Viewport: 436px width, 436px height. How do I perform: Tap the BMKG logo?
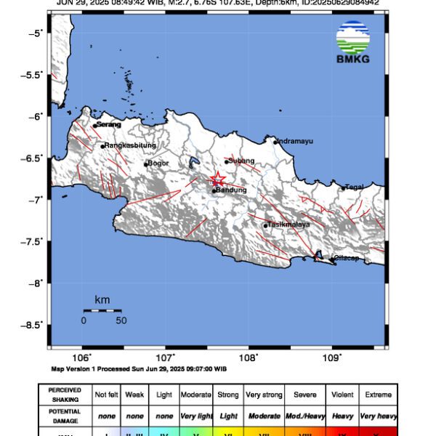pos(353,43)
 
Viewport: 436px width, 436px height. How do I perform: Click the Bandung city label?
pos(232,190)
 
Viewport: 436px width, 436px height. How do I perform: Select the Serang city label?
pos(108,125)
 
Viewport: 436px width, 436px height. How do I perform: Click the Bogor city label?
pos(158,163)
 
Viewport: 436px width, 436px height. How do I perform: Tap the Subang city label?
pos(242,161)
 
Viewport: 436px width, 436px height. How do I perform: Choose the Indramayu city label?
pos(296,141)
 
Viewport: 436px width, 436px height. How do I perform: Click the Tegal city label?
pos(355,187)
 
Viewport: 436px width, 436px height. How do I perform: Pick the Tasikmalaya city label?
pos(290,225)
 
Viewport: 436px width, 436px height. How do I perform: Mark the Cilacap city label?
pos(345,258)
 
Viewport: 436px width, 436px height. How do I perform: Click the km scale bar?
pos(102,310)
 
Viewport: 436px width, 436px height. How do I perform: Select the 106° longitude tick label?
pos(83,358)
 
